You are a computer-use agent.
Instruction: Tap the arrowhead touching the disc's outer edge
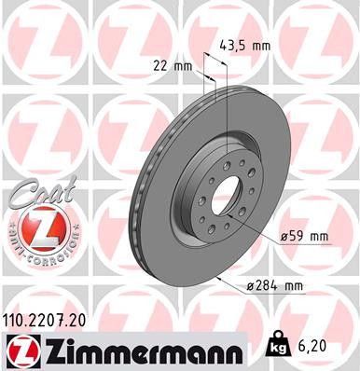click(x=217, y=278)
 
